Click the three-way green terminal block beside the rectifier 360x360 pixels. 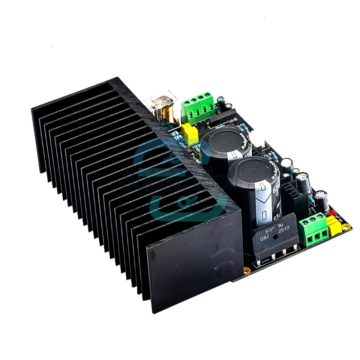pyautogui.click(x=312, y=229)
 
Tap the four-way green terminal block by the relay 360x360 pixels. pyautogui.click(x=198, y=106)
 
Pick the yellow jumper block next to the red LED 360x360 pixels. pyautogui.click(x=333, y=226)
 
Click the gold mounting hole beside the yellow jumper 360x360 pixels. pyautogui.click(x=345, y=226)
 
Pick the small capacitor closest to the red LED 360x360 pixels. pyautogui.click(x=322, y=199)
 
